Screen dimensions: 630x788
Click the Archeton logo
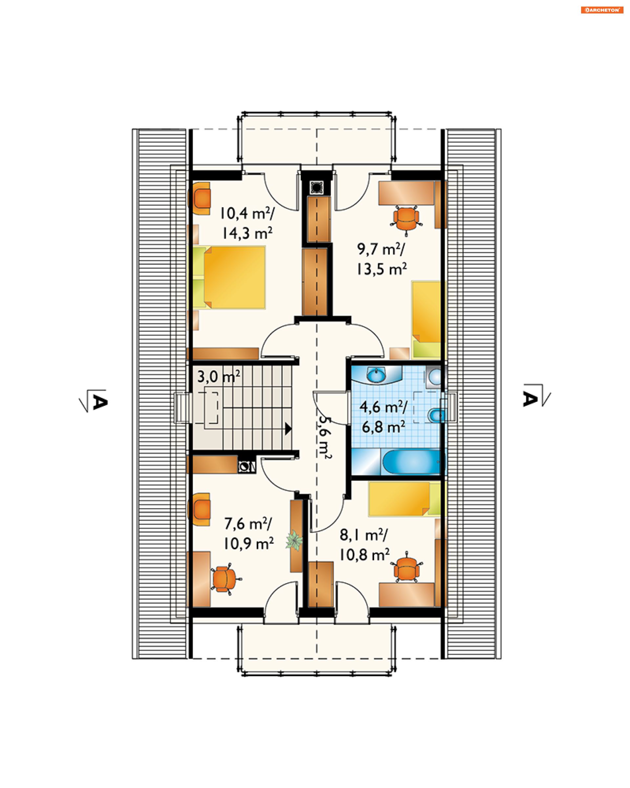[601, 10]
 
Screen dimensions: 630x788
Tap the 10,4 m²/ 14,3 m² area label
[247, 223]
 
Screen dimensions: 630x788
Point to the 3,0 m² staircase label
[219, 377]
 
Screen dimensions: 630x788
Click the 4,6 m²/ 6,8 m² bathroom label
[383, 417]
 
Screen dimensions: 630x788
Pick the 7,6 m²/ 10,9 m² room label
[248, 533]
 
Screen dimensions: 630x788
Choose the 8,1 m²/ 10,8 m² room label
[364, 545]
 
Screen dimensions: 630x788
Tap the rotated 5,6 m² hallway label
[324, 437]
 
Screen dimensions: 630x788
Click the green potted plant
[294, 540]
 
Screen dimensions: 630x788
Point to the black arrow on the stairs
[288, 428]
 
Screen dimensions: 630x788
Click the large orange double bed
[234, 278]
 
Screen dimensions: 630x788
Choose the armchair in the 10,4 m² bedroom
[199, 198]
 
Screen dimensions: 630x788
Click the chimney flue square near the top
[316, 187]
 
